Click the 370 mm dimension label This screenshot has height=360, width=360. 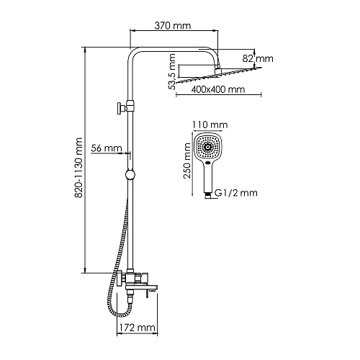(174, 25)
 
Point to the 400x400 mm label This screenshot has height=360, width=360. (218, 91)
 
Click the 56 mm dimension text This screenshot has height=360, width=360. (107, 148)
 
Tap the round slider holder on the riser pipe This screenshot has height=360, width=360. (130, 174)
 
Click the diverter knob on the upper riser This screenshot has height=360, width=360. (117, 109)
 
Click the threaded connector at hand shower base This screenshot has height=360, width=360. (210, 194)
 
